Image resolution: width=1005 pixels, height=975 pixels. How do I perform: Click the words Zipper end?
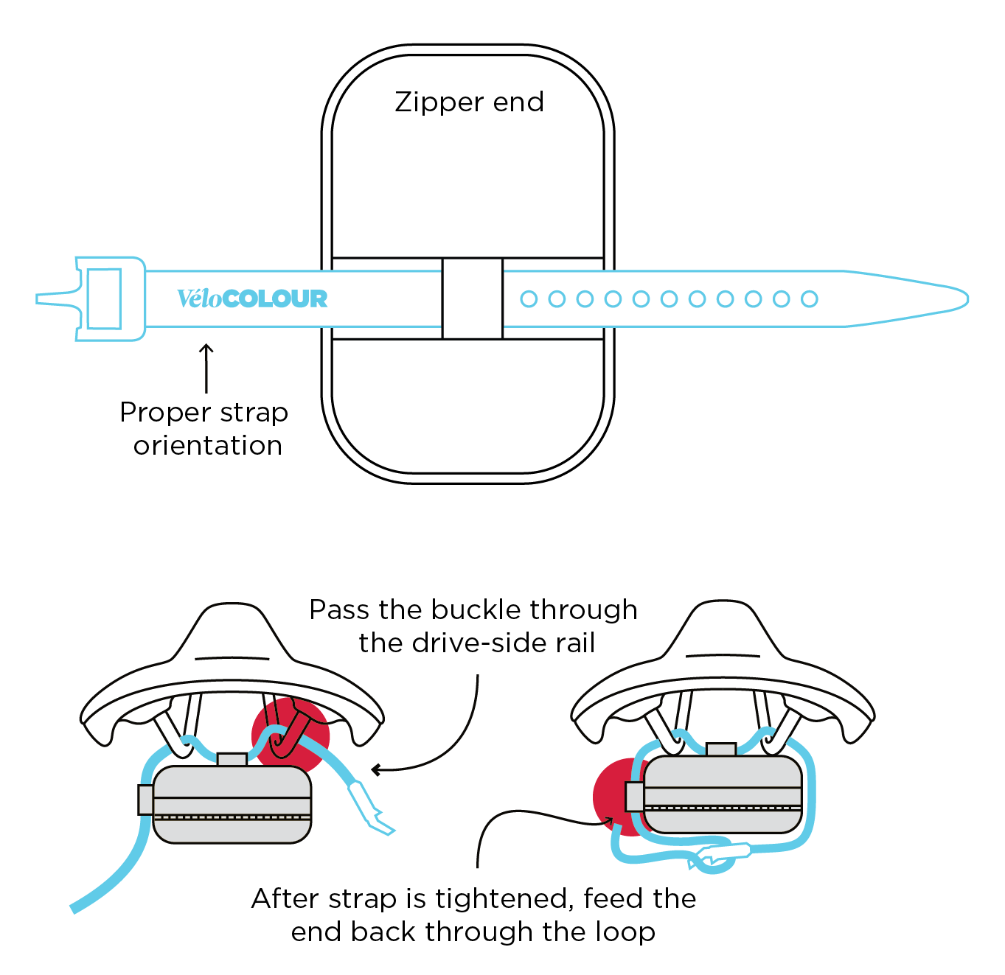(x=469, y=102)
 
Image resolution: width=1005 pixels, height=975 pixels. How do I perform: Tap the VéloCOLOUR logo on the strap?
(x=252, y=298)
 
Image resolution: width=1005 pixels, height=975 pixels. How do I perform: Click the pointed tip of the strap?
(x=959, y=298)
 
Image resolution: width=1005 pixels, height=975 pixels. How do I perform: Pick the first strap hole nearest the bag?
(x=529, y=298)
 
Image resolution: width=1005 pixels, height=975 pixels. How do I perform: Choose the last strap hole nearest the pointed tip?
(x=809, y=298)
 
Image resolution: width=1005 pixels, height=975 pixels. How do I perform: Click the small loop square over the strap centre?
(x=472, y=298)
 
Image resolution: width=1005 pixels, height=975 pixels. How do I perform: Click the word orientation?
(x=208, y=446)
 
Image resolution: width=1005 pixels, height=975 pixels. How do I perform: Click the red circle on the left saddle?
(x=291, y=735)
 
